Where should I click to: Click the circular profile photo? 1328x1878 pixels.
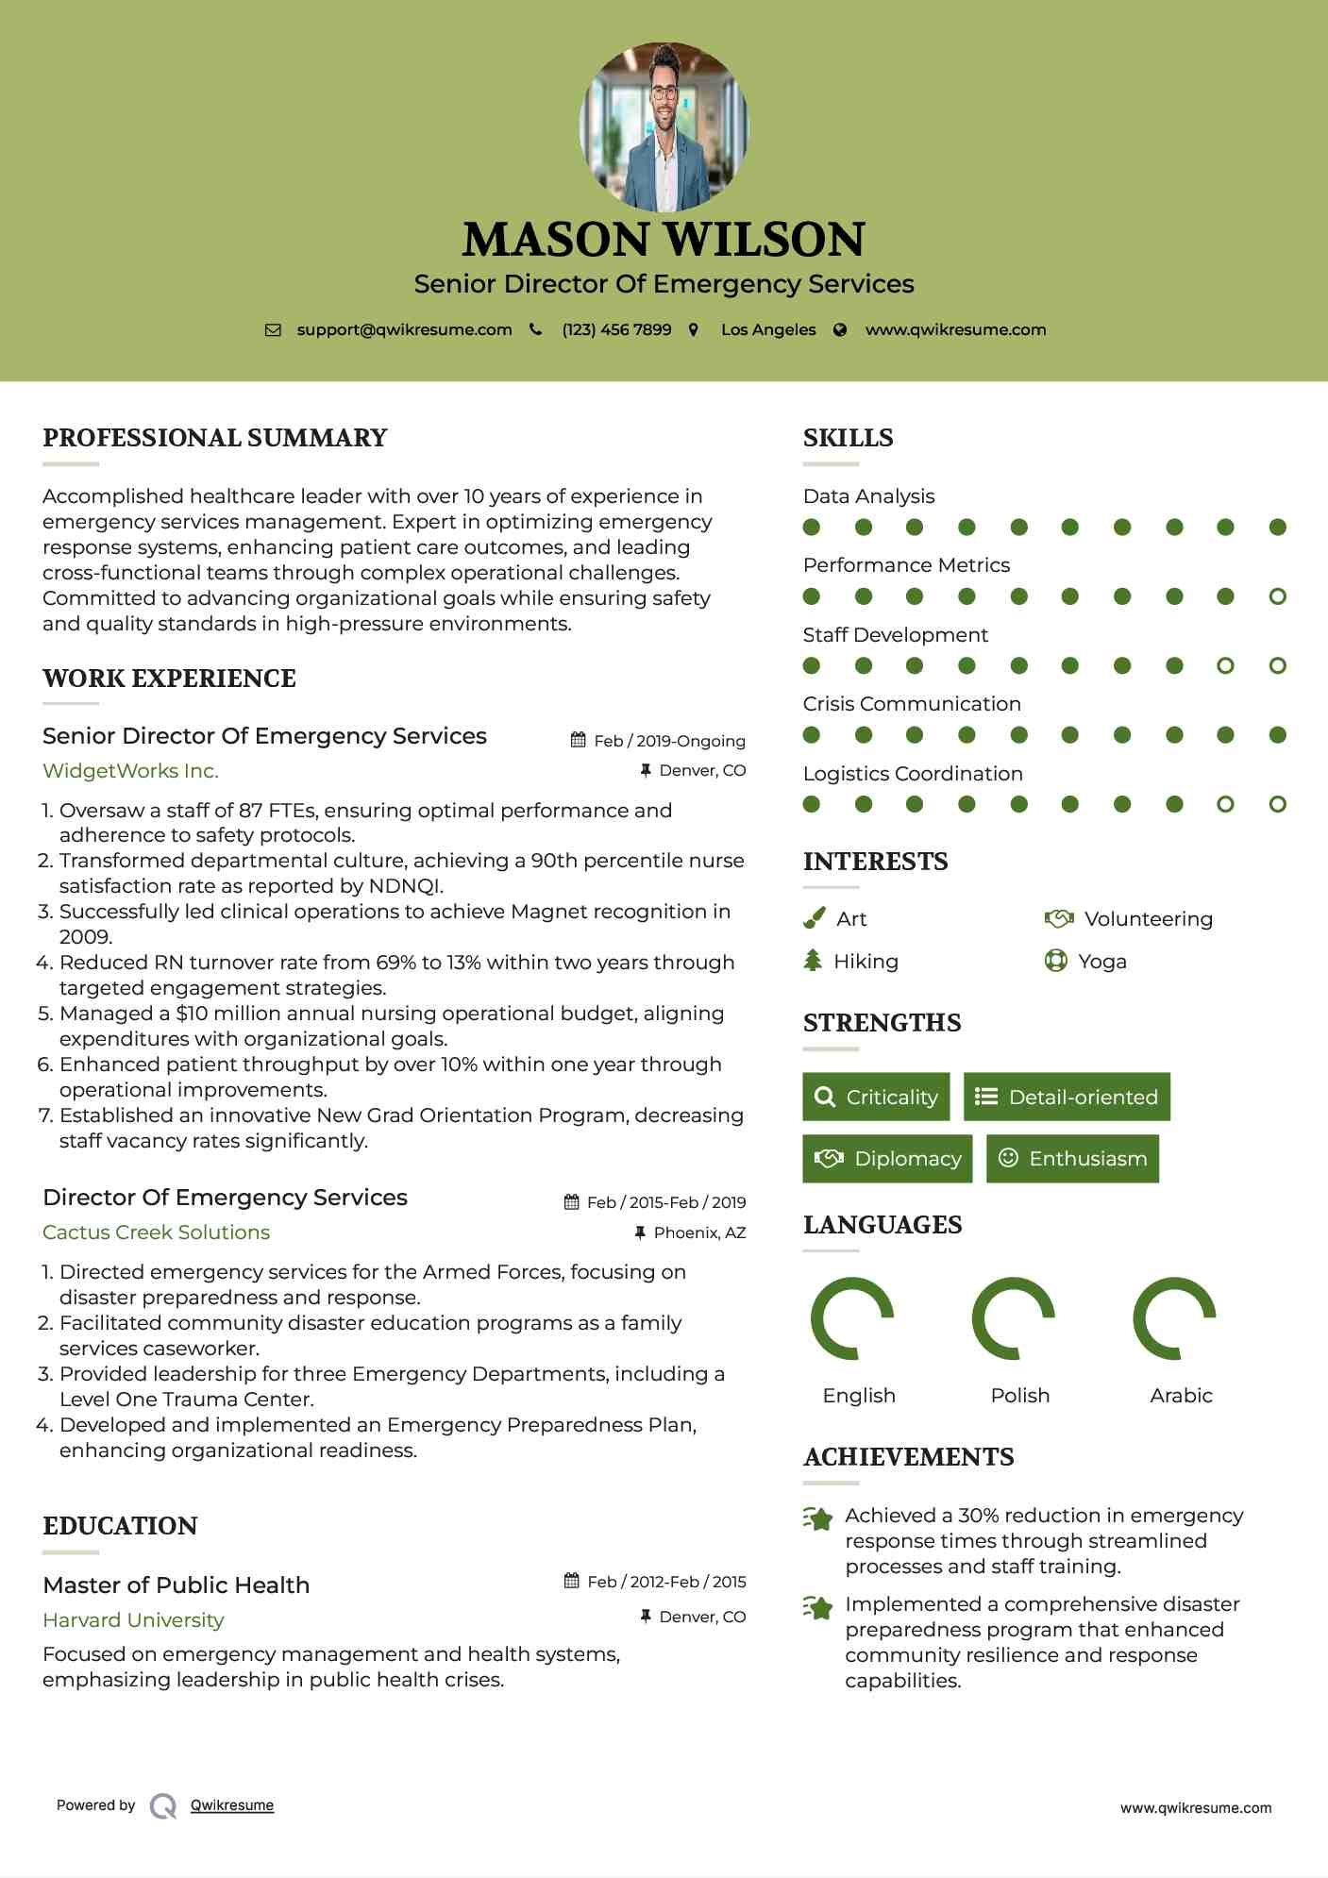click(x=664, y=126)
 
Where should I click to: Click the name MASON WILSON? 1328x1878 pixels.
click(x=664, y=240)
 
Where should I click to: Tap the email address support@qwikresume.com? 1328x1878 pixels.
click(x=404, y=330)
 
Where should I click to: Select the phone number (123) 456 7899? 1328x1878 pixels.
click(x=616, y=330)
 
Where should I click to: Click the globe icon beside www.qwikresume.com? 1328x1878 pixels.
click(x=840, y=330)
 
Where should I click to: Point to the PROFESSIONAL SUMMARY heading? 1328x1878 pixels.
click(x=215, y=438)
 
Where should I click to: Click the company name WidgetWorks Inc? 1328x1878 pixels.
click(x=130, y=771)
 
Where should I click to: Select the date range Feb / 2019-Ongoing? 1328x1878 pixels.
click(x=669, y=741)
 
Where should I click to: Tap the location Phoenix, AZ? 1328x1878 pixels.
click(x=699, y=1232)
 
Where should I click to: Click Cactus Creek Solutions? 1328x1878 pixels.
click(x=156, y=1232)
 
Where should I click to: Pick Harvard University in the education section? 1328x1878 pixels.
click(x=133, y=1620)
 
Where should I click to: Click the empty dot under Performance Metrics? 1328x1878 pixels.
click(x=1277, y=596)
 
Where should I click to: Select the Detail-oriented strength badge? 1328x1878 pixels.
click(x=1067, y=1097)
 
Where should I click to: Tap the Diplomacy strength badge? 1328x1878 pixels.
click(x=887, y=1159)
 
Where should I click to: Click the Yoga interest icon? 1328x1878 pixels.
click(x=1055, y=962)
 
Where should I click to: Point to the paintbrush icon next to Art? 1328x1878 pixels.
click(x=814, y=918)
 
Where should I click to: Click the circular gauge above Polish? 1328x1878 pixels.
click(x=1013, y=1318)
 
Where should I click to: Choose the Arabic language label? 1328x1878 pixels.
click(x=1181, y=1396)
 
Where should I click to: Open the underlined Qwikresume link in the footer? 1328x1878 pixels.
click(x=232, y=1805)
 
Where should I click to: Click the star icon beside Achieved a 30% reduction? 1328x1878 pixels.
click(x=817, y=1518)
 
